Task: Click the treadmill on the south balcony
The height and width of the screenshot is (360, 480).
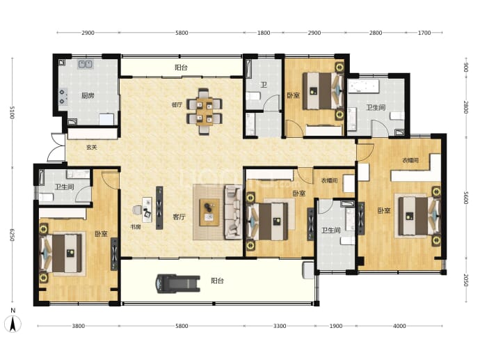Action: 178,283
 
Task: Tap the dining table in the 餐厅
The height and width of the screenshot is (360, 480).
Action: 205,111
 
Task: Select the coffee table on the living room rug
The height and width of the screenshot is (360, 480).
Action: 209,212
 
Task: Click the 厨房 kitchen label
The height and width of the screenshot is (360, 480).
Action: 88,95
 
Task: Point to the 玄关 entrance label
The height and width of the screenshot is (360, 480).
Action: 92,148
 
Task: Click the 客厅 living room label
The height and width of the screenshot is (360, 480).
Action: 179,217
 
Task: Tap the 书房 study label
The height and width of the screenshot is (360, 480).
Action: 136,227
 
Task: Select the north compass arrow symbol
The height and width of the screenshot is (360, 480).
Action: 13,324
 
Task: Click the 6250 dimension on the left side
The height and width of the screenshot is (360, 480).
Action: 12,235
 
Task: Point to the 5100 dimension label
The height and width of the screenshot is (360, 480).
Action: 12,112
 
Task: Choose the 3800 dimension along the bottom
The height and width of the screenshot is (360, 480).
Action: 79,326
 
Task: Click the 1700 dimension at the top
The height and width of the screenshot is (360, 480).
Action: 424,33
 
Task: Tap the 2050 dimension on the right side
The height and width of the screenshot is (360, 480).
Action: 465,280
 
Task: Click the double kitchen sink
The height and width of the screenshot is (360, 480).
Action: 86,64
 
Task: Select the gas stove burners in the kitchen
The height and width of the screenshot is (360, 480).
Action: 63,97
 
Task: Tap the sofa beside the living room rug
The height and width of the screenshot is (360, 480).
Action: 234,212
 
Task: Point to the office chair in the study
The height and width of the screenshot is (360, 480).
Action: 137,210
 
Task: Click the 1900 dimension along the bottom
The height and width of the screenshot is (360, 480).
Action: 336,326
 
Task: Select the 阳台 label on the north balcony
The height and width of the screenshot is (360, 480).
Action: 182,68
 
